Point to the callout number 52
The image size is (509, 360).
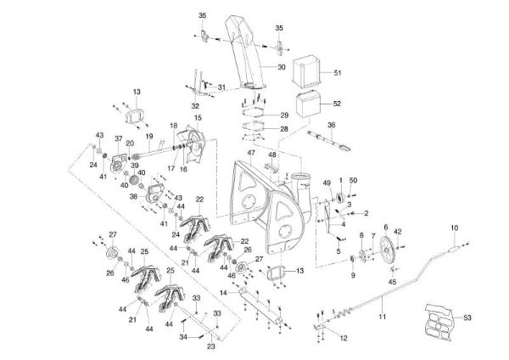click(338, 103)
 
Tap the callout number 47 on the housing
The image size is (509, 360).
click(251, 152)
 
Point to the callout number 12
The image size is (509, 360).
click(342, 338)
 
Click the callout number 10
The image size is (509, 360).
click(454, 228)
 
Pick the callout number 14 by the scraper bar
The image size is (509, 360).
click(223, 291)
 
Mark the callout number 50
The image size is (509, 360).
click(353, 181)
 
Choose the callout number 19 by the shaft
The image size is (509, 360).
click(148, 137)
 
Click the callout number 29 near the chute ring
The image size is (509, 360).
click(284, 115)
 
